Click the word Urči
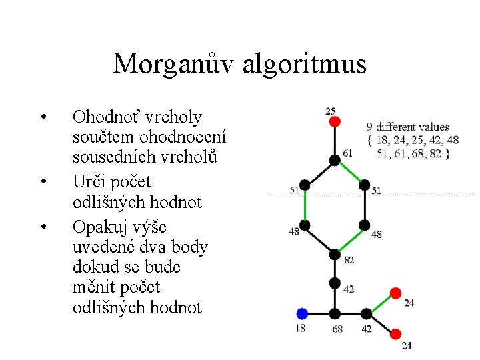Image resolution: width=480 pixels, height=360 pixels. click(90, 181)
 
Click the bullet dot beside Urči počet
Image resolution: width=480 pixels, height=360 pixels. click(42, 181)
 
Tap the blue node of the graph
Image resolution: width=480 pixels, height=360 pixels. click(302, 313)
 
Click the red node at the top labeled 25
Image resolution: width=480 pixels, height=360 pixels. click(335, 121)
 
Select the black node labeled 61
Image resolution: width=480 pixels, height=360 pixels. click(335, 160)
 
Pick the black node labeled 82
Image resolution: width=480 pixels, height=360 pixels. click(335, 254)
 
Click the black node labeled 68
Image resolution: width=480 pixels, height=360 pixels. click(335, 313)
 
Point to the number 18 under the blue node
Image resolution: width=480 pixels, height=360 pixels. click(301, 328)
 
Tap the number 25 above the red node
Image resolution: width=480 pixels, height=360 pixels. click(330, 110)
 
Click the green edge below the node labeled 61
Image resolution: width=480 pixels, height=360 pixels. click(350, 172)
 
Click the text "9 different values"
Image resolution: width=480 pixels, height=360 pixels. click(408, 127)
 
